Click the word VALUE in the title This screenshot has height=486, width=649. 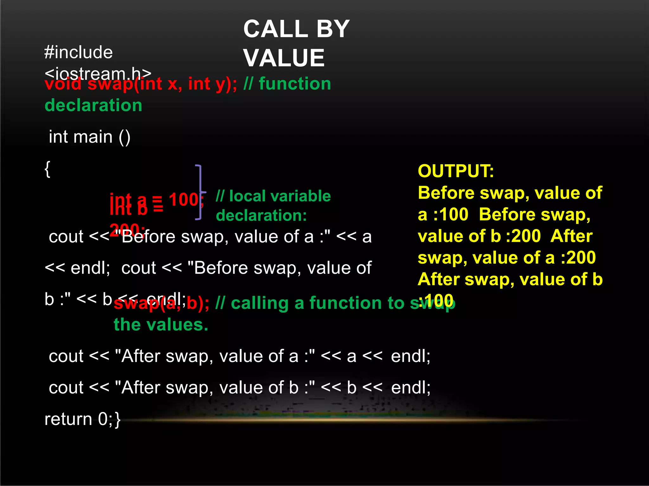coord(284,58)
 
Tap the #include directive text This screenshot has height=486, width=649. coord(79,52)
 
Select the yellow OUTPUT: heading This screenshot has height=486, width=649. coord(456,171)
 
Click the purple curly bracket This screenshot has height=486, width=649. coord(200,192)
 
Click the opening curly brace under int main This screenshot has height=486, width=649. coord(48,169)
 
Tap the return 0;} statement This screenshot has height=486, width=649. coord(82,419)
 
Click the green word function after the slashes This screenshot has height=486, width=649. coord(295,84)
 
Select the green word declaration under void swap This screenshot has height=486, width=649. coord(93,105)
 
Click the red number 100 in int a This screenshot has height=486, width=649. coord(184,200)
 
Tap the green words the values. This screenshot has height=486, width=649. coord(161,325)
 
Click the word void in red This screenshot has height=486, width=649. coord(63,84)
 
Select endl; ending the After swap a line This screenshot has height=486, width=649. coord(411,356)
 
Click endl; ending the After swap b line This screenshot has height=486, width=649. coord(411,388)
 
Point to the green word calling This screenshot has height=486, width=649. coord(260,303)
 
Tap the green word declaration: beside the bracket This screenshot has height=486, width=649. coord(261,215)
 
